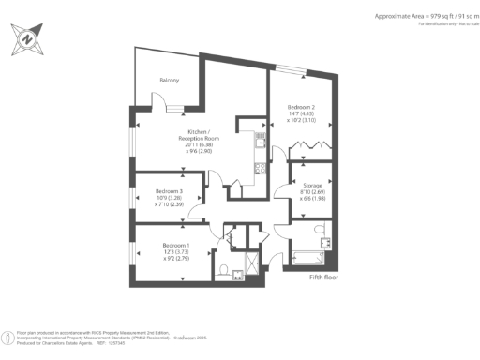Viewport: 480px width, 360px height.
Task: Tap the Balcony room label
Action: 170,81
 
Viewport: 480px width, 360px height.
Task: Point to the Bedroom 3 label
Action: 168,191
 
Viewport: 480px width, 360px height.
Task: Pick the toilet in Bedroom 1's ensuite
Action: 226,271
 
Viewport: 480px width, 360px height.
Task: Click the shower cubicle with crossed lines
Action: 249,263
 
